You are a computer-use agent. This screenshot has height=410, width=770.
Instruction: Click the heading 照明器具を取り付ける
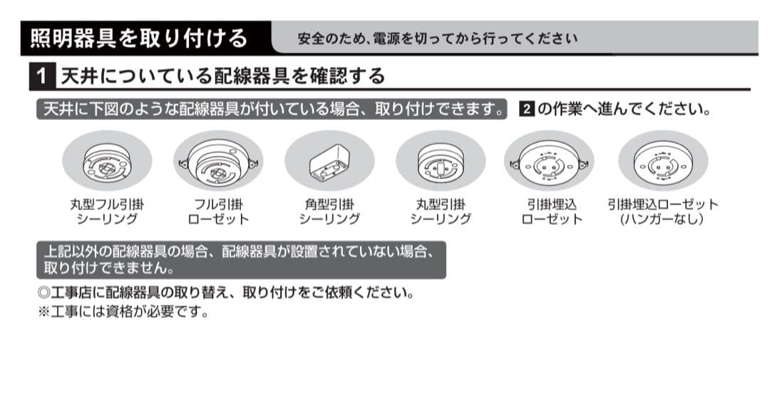pos(139,37)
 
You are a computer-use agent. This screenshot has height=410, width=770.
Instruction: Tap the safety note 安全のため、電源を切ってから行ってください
pos(437,38)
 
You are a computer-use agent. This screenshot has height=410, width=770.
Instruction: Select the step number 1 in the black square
pos(43,76)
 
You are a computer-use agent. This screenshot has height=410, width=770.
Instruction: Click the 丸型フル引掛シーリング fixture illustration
pos(107,163)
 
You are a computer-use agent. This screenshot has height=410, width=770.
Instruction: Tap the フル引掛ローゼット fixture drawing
pos(218,163)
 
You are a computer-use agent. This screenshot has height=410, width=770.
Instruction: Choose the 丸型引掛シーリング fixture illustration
pos(440,163)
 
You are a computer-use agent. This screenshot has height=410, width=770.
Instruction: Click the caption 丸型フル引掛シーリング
pos(107,211)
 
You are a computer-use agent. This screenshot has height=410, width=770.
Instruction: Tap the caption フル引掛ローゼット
pos(218,211)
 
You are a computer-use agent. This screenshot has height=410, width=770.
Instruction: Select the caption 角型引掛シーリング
pos(329,211)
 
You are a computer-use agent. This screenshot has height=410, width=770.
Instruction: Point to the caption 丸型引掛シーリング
pos(440,211)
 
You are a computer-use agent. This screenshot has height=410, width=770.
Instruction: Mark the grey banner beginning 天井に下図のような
pos(271,110)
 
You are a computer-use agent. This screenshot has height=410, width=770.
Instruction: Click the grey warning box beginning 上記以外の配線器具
pos(240,260)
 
